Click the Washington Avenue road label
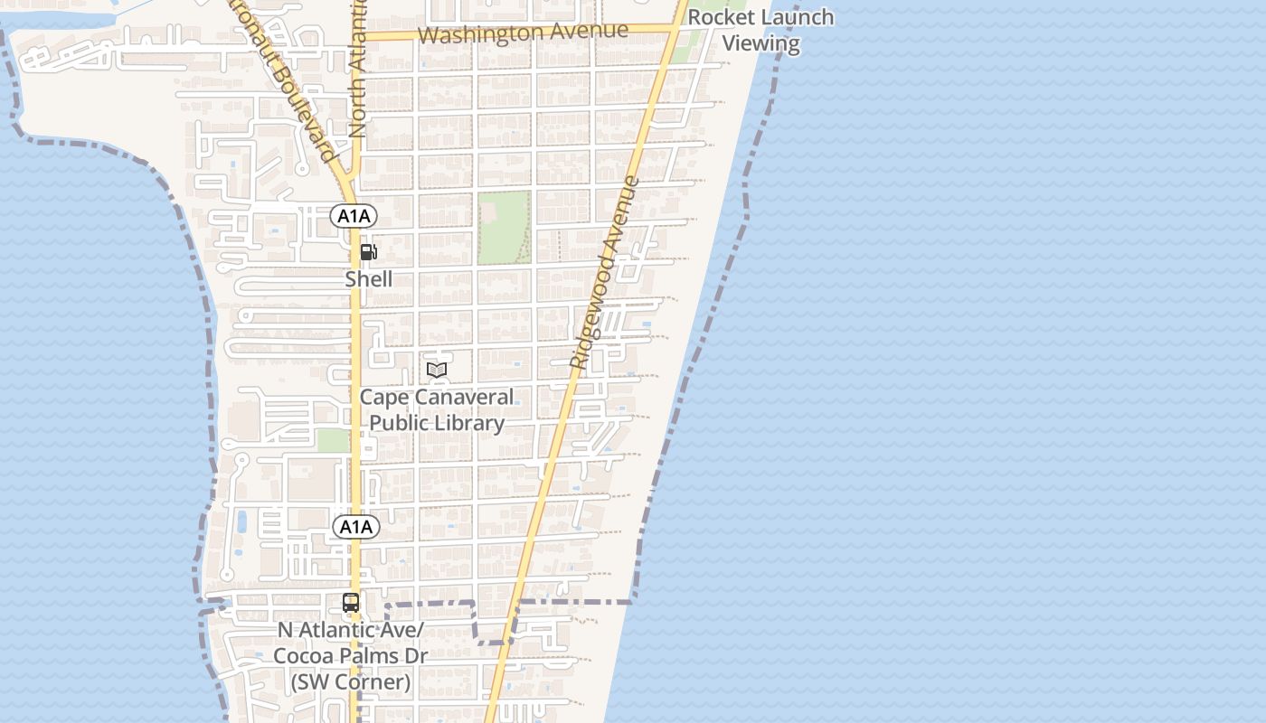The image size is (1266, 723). tap(524, 33)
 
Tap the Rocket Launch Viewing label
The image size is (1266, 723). tap(761, 30)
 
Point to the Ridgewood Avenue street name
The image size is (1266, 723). tap(605, 271)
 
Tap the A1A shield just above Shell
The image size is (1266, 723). tap(354, 216)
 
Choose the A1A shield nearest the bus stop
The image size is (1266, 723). tap(355, 527)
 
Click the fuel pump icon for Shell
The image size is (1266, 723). tap(368, 252)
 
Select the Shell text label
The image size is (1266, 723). tap(369, 279)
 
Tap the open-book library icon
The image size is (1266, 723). tap(437, 370)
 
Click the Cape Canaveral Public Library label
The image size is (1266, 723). tap(437, 409)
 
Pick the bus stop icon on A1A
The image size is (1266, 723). tap(351, 602)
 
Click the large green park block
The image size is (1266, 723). tap(504, 228)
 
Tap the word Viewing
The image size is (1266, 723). tap(761, 43)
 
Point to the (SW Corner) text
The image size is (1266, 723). tap(351, 682)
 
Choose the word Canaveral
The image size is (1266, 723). tap(463, 398)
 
